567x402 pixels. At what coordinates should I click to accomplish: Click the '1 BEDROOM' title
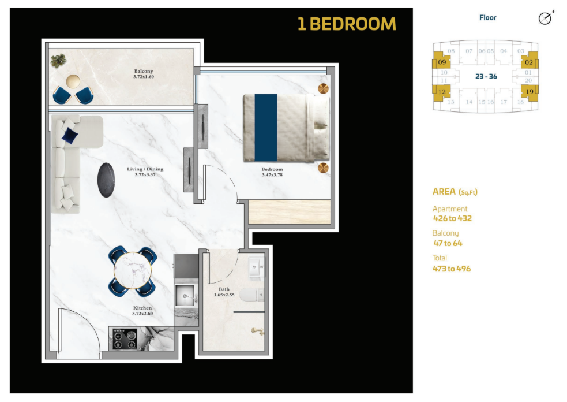347,24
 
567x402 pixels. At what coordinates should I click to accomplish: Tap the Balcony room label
144,72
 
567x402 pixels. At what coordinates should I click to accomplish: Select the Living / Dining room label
145,169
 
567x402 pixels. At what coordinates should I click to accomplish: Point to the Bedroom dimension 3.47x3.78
272,175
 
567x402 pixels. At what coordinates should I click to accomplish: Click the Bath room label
224,289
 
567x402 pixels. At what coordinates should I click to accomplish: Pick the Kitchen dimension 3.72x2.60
142,314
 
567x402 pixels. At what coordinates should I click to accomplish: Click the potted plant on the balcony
58,61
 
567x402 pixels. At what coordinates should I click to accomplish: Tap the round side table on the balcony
73,81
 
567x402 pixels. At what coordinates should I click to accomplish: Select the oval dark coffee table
106,180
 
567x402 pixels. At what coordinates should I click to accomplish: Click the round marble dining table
133,270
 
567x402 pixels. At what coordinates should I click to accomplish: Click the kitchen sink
185,296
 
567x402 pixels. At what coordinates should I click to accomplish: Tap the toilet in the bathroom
252,295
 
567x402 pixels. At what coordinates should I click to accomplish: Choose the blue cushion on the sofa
70,136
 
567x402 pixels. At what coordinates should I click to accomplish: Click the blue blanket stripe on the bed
266,128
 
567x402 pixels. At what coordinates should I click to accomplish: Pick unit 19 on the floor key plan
530,92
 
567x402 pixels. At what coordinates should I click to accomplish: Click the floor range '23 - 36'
486,76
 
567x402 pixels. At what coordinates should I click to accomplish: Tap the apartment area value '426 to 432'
452,218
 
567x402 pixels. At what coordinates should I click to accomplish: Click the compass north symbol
546,18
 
